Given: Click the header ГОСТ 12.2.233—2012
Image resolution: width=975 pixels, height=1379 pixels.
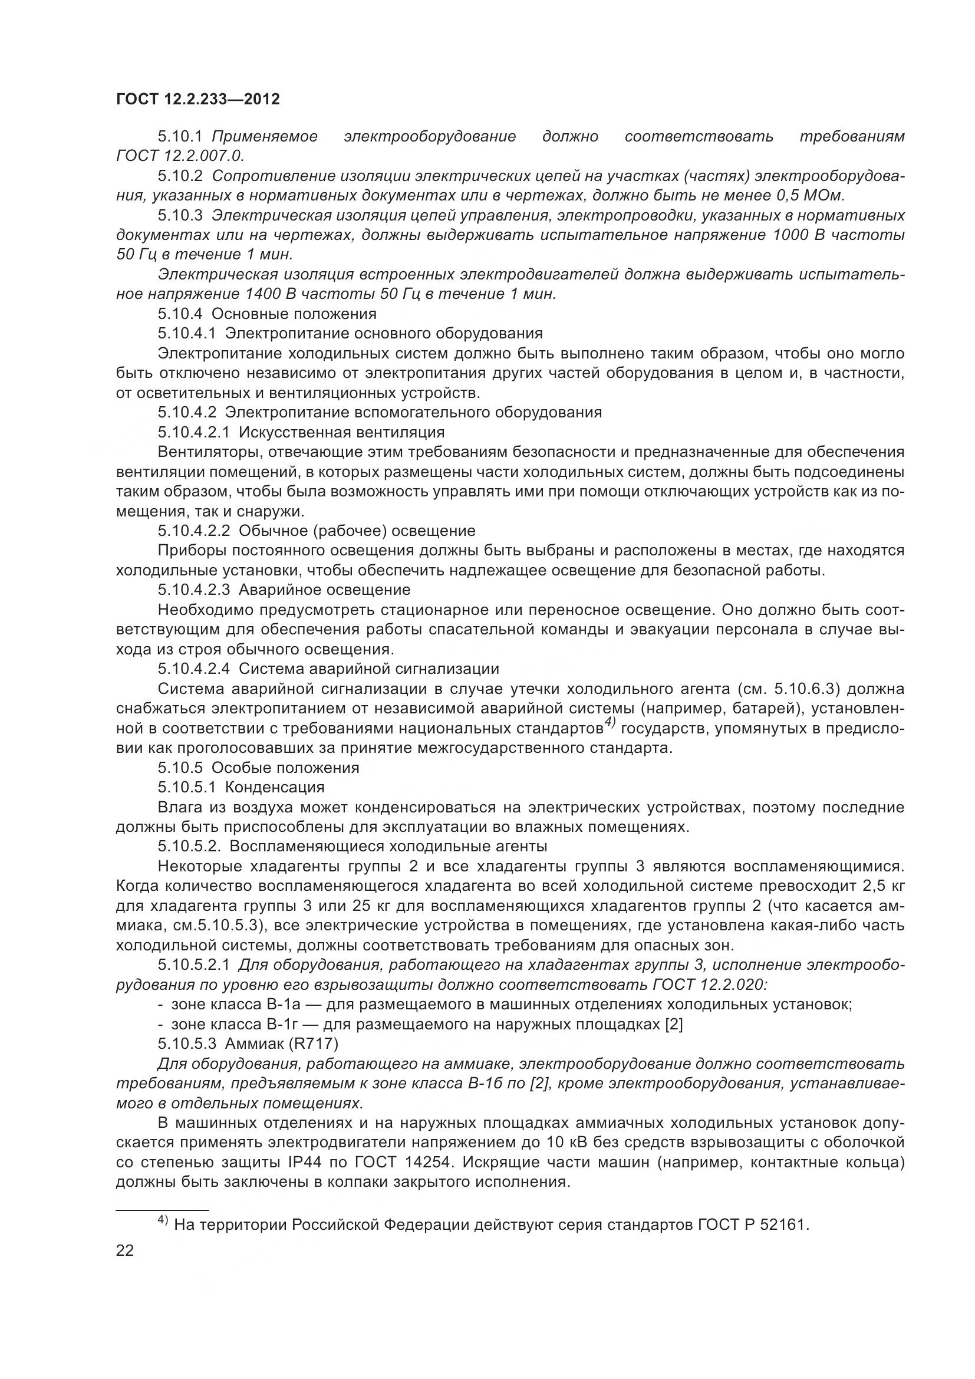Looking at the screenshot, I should [x=198, y=99].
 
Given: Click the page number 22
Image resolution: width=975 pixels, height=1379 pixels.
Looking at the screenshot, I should [x=125, y=1250].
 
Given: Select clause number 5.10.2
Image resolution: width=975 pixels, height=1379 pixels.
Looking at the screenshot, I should [x=181, y=176].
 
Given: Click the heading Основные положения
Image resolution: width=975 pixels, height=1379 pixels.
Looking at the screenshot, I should [x=294, y=314].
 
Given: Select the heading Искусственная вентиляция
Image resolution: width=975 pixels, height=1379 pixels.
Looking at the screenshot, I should [x=342, y=432].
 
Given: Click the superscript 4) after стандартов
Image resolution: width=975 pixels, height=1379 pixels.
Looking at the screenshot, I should [x=610, y=724].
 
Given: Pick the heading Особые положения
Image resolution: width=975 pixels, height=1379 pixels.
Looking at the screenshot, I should [x=286, y=768].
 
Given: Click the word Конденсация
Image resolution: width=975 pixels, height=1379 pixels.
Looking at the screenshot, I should [x=275, y=787].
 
